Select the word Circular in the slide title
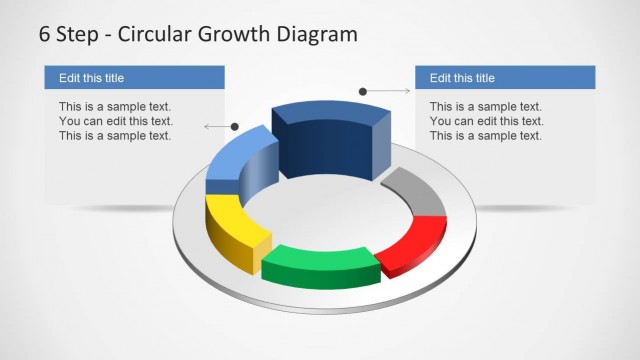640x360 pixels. pyautogui.click(x=152, y=34)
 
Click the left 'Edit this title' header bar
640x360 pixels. pyautogui.click(x=134, y=78)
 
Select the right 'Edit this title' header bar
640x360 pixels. pyautogui.click(x=505, y=78)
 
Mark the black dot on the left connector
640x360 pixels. pyautogui.click(x=235, y=127)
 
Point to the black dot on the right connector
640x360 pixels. pyautogui.click(x=363, y=92)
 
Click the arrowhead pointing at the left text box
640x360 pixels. pyautogui.click(x=206, y=127)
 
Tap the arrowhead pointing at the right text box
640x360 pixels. pyautogui.click(x=407, y=92)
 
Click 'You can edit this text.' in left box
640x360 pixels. pyautogui.click(x=115, y=121)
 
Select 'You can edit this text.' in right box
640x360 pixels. pyautogui.click(x=486, y=121)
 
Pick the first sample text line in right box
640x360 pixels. pyautogui.click(x=486, y=106)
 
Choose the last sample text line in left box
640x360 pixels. pyautogui.click(x=115, y=136)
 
